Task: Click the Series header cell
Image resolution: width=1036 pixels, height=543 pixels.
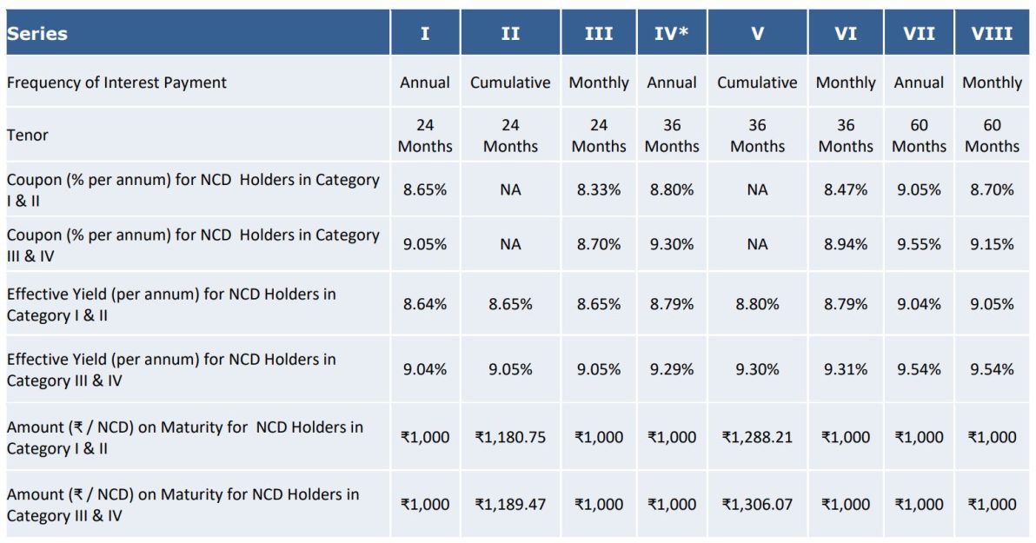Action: click(x=37, y=34)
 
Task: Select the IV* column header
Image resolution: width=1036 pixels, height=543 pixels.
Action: click(x=672, y=34)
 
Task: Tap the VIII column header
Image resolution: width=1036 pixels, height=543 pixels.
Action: click(x=992, y=34)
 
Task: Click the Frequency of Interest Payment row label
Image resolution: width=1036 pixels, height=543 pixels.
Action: click(x=116, y=83)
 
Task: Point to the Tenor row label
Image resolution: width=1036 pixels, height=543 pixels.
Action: click(x=28, y=136)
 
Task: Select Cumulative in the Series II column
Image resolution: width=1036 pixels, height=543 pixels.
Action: click(x=510, y=83)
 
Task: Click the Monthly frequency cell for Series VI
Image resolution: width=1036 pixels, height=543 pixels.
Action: click(x=846, y=83)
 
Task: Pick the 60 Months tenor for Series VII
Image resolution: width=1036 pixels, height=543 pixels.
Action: click(x=919, y=136)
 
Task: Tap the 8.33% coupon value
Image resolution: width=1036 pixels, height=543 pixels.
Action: click(x=599, y=189)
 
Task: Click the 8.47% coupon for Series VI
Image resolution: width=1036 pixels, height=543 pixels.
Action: click(x=846, y=189)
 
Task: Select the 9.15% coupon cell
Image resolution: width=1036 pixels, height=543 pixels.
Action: click(x=992, y=245)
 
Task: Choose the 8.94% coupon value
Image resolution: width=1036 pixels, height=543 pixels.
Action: click(x=846, y=245)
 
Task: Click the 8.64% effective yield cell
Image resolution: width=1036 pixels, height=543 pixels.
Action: click(x=425, y=305)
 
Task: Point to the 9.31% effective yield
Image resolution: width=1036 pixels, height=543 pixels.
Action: click(x=846, y=370)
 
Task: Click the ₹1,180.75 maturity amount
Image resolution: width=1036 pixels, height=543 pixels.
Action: click(x=510, y=438)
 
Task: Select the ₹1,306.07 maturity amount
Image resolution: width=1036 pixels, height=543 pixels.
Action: click(x=757, y=505)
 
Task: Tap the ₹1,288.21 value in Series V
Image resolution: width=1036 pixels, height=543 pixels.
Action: click(x=757, y=438)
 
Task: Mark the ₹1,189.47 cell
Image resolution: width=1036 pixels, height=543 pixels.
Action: click(x=510, y=505)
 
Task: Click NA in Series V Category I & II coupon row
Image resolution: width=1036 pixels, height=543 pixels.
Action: click(x=757, y=189)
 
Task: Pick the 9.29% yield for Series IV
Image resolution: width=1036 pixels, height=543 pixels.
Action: click(x=672, y=370)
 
